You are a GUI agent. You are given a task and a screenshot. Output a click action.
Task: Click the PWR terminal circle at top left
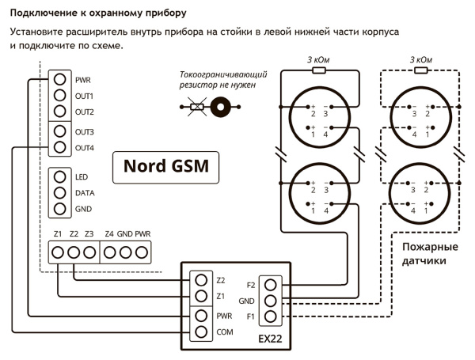tap(59, 79)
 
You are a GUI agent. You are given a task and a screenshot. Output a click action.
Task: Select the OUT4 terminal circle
tap(59, 147)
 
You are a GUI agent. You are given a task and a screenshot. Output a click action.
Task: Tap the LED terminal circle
tap(59, 176)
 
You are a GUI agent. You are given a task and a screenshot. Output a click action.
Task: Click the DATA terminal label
tap(85, 192)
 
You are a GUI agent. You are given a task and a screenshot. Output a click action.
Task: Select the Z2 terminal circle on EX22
tap(202, 280)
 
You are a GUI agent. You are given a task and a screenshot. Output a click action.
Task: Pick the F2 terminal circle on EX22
tap(272, 284)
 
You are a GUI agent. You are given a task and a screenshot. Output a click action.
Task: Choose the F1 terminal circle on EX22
tap(272, 317)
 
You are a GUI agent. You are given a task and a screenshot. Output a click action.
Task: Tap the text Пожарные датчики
tap(420, 253)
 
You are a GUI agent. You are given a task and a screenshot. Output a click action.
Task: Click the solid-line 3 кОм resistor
tap(319, 70)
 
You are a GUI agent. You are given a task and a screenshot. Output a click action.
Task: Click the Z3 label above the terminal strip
tap(89, 234)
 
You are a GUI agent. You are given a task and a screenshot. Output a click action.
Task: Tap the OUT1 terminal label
tap(85, 96)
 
